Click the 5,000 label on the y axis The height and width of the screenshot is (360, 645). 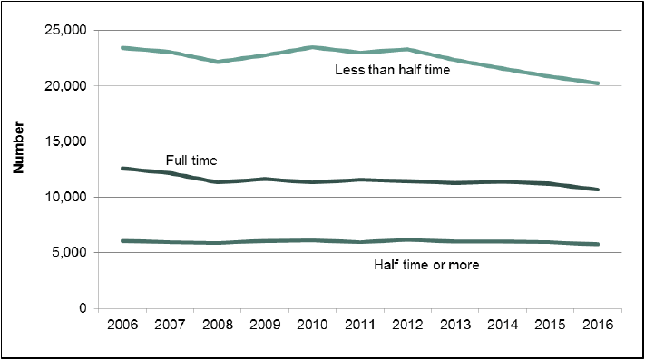70,252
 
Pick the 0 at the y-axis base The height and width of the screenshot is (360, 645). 83,308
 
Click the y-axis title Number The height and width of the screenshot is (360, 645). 18,147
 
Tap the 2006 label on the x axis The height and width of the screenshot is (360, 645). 122,325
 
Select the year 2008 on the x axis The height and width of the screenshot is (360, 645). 218,325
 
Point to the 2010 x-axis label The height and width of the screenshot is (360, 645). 312,325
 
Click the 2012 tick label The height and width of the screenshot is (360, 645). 407,325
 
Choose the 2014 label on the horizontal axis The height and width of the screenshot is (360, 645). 503,325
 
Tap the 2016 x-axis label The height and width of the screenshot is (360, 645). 598,325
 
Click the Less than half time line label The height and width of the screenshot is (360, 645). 393,70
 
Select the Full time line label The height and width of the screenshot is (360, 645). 191,161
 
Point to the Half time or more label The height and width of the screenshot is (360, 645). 426,265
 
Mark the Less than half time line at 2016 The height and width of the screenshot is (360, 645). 598,83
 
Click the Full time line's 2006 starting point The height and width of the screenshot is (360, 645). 122,169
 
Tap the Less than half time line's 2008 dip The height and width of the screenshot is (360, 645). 218,62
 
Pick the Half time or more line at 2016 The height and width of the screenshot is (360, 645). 598,244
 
